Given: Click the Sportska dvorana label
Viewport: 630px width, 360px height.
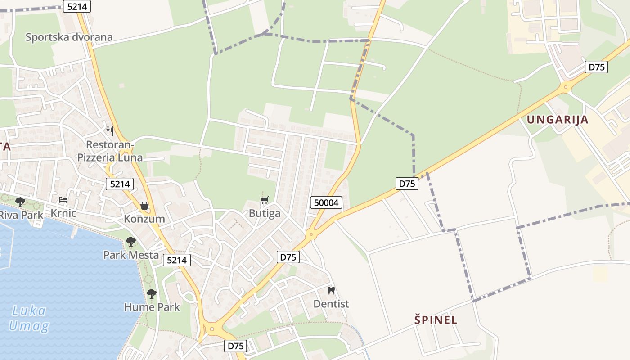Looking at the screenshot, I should point(69,37).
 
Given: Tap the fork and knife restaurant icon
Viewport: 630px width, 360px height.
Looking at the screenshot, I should point(110,131).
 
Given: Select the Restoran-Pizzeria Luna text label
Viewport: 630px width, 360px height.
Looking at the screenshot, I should point(110,151).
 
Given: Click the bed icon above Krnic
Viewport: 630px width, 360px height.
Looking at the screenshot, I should point(63,200).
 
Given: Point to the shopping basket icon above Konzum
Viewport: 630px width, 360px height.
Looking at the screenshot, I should point(144,206).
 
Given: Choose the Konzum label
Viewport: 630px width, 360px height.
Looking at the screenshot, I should point(144,219).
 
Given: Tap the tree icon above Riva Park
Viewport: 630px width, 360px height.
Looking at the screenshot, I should point(20,202).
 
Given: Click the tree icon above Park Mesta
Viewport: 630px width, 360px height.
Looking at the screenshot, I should point(131,242).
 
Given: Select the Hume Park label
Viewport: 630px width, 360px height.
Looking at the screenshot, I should point(152,307).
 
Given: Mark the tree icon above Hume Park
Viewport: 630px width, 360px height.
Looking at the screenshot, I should point(152,294).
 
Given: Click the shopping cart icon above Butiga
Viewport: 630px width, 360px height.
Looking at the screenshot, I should point(265,200).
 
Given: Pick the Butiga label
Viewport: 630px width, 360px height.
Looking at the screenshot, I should point(265,213).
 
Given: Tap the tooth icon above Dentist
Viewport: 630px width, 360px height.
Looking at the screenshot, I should point(331,291).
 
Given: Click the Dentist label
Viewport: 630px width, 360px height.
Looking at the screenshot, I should point(331,304).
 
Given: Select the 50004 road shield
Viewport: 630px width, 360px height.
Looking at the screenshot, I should point(326,202).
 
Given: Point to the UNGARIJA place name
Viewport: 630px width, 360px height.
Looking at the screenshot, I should point(557,120).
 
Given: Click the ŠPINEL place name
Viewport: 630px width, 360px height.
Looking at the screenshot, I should point(436,320).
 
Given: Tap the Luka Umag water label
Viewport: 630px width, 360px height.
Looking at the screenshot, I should point(29,318).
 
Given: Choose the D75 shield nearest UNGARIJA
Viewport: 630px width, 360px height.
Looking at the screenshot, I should point(597,67).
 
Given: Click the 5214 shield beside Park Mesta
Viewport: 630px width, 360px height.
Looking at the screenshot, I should point(177,260).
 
